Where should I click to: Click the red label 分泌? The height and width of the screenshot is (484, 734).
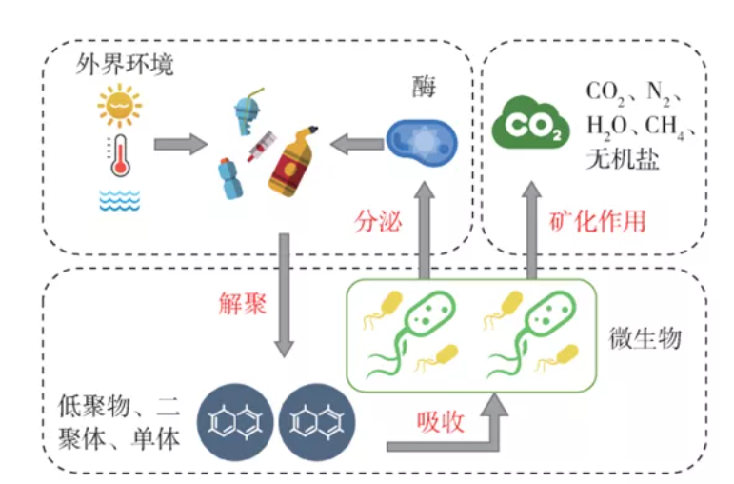click(378, 222)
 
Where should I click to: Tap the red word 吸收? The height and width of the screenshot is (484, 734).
click(440, 420)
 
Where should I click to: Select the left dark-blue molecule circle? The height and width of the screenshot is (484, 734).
click(234, 419)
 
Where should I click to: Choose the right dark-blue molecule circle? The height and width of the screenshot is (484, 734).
click(315, 419)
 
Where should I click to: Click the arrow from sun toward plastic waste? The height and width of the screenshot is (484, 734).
click(180, 146)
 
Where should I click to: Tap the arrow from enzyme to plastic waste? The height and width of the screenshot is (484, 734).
click(357, 145)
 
